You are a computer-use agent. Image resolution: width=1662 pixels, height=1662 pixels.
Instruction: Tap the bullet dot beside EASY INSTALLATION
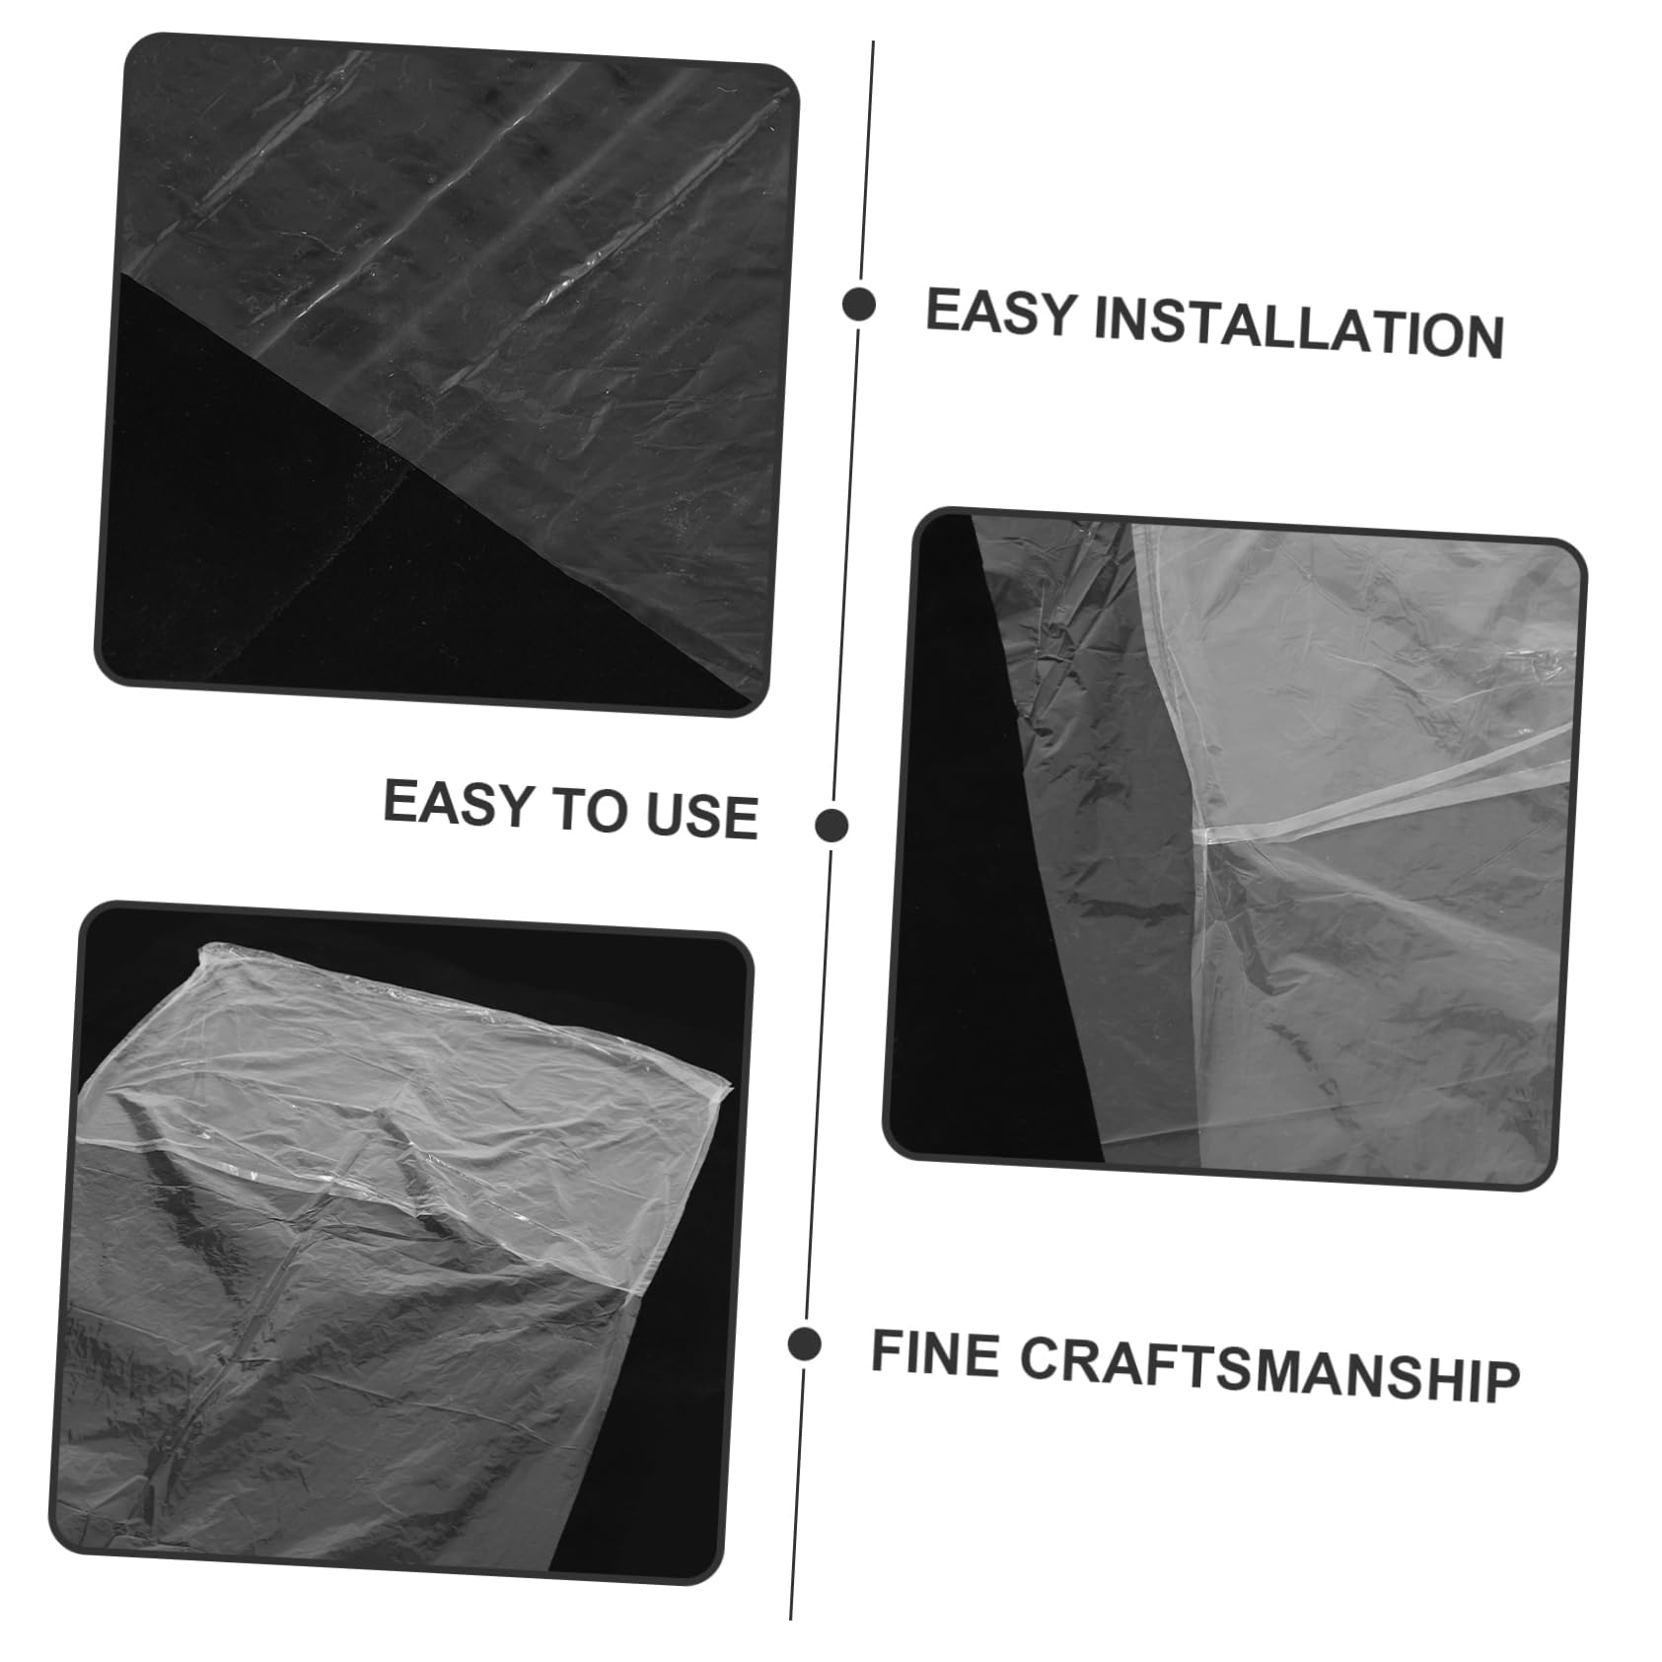coord(859,305)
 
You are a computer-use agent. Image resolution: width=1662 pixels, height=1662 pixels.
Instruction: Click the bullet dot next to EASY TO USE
coord(832,824)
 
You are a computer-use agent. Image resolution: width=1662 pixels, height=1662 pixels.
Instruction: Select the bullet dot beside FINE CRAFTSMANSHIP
coord(805,1343)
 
